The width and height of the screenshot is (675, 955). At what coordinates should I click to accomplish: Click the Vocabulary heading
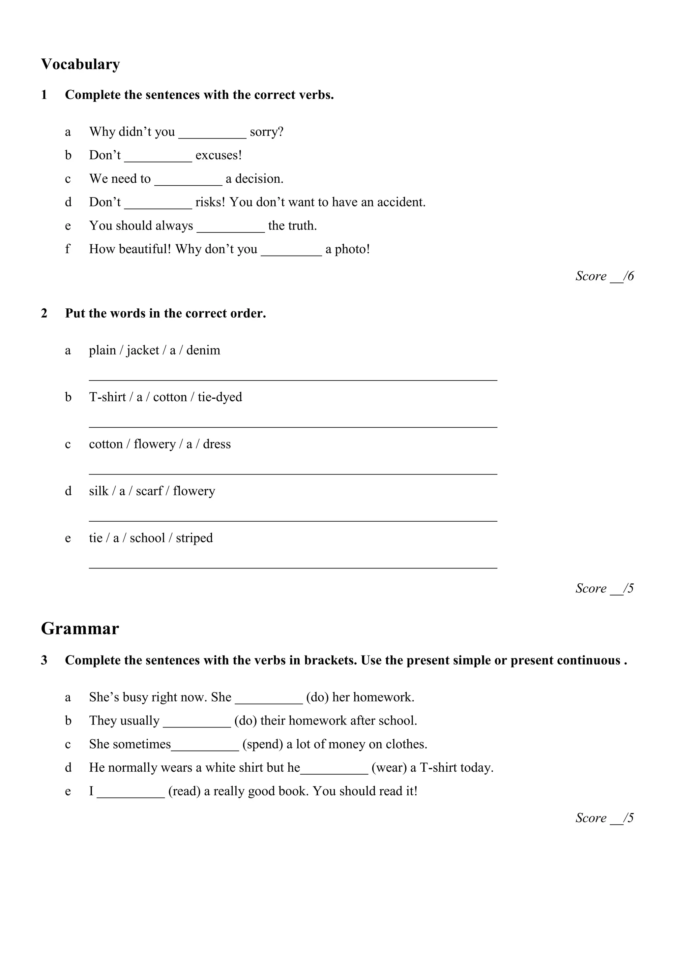(x=80, y=65)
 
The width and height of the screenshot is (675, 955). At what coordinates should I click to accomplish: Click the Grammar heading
(x=80, y=629)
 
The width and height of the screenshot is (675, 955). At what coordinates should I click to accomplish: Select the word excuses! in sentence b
(x=218, y=156)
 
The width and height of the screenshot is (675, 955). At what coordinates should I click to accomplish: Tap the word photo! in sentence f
(x=352, y=250)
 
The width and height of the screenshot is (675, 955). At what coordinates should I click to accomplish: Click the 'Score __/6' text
(x=604, y=276)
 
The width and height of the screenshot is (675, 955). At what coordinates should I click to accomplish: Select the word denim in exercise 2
(x=203, y=351)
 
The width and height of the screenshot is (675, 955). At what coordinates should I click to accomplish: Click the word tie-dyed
(x=220, y=398)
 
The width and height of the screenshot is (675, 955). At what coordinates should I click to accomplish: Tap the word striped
(x=194, y=539)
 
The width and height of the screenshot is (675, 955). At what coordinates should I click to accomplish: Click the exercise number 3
(x=44, y=661)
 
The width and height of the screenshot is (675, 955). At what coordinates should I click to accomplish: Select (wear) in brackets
(x=389, y=768)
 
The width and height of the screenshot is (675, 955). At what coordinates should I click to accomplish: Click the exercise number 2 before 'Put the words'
(x=44, y=314)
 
